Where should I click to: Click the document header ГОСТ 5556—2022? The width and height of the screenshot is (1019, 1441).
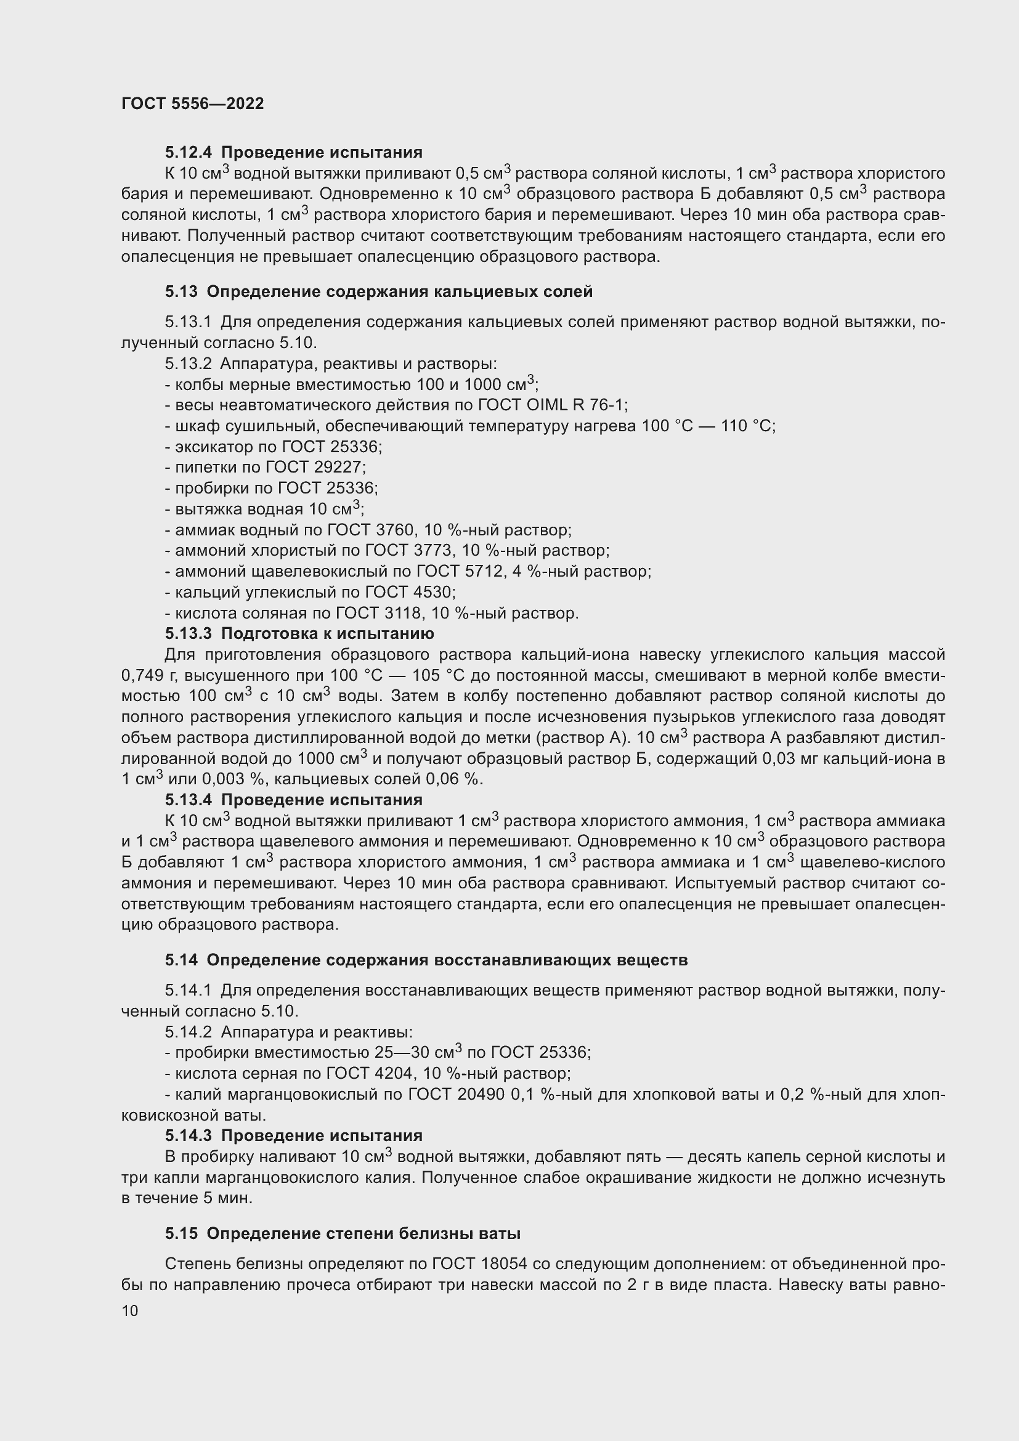[x=193, y=104]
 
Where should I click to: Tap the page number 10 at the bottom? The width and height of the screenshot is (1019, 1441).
[x=130, y=1311]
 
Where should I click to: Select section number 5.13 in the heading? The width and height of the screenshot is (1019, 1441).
[x=181, y=291]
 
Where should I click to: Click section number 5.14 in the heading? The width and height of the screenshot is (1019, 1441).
[x=181, y=960]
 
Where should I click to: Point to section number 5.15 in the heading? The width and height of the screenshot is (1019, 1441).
[x=181, y=1234]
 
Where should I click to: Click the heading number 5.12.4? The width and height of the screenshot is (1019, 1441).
[x=189, y=153]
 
